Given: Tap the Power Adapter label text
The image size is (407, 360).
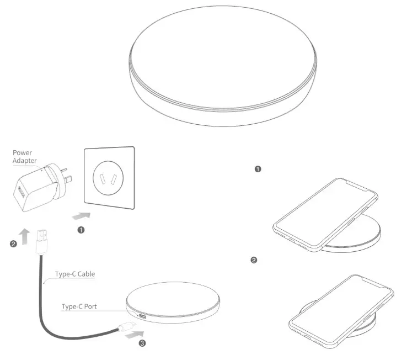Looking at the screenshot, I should point(24,157).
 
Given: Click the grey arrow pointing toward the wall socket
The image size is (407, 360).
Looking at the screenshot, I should point(81,215).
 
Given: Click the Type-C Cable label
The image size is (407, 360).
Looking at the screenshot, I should point(75,274).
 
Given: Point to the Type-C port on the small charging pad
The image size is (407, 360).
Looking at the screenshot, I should point(142,319).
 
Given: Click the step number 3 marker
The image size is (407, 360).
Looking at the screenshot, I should point(142,343).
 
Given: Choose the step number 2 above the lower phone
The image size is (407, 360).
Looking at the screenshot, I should point(254,260).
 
